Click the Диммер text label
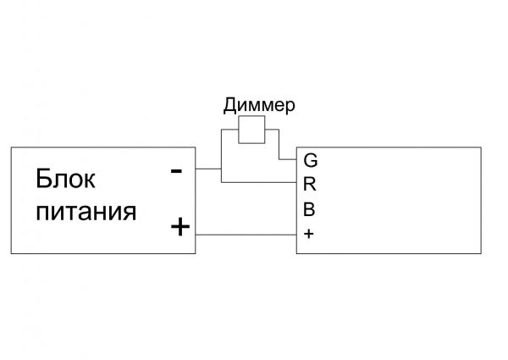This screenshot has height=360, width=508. (260, 106)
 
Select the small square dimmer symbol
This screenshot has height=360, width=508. (251, 130)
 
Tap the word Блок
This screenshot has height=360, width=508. (66, 179)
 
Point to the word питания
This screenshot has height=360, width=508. (86, 210)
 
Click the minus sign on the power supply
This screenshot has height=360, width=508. (176, 170)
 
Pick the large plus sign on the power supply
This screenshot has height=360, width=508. (179, 227)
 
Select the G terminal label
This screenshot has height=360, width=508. (310, 159)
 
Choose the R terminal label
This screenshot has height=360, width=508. (309, 183)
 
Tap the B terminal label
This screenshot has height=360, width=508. (309, 208)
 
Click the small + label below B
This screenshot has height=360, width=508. (308, 234)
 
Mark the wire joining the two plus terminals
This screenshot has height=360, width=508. (246, 235)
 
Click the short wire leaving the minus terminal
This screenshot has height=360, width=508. (207, 170)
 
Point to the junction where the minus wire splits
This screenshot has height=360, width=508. (220, 170)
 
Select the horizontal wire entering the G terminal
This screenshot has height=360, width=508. (288, 158)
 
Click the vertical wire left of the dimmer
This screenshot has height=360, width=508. (220, 148)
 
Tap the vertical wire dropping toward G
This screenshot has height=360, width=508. (279, 144)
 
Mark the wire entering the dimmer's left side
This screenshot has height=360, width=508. (229, 130)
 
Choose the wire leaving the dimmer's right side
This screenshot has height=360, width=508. (272, 130)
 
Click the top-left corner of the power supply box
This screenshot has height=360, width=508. (10, 148)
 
